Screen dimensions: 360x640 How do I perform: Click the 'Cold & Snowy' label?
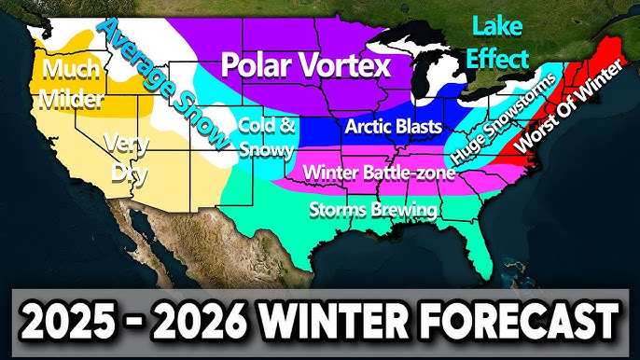tap(266, 137)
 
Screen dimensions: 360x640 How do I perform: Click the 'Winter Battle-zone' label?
tap(379, 173)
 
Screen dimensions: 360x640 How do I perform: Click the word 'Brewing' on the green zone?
tap(405, 209)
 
